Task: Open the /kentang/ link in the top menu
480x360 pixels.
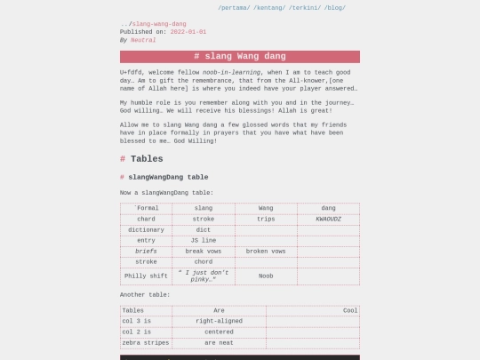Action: click(x=269, y=7)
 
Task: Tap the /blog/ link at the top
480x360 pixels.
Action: click(x=335, y=7)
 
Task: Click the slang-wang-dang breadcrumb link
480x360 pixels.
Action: click(x=159, y=24)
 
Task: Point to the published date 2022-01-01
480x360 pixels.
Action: click(x=188, y=32)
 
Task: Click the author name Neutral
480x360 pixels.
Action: click(x=143, y=40)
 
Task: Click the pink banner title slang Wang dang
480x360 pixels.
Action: click(x=240, y=57)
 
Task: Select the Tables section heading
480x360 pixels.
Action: click(x=147, y=159)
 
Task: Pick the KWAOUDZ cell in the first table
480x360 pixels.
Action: click(x=328, y=219)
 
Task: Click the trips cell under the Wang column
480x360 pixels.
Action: click(x=266, y=219)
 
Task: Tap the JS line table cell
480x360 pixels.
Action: click(x=203, y=240)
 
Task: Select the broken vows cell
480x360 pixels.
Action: click(x=266, y=252)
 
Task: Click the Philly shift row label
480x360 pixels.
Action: click(x=146, y=276)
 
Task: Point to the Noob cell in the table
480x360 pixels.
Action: click(x=266, y=276)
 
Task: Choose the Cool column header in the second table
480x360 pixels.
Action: click(x=350, y=310)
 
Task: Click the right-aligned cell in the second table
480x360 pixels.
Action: click(x=219, y=321)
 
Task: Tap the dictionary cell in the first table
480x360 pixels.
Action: click(x=146, y=229)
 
